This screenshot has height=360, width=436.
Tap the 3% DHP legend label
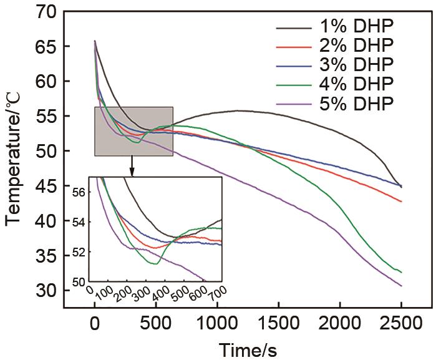pos(359,65)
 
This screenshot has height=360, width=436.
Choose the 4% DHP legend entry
pos(359,84)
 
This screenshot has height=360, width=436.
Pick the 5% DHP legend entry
pos(359,102)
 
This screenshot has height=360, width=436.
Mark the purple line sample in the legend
pos(293,102)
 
